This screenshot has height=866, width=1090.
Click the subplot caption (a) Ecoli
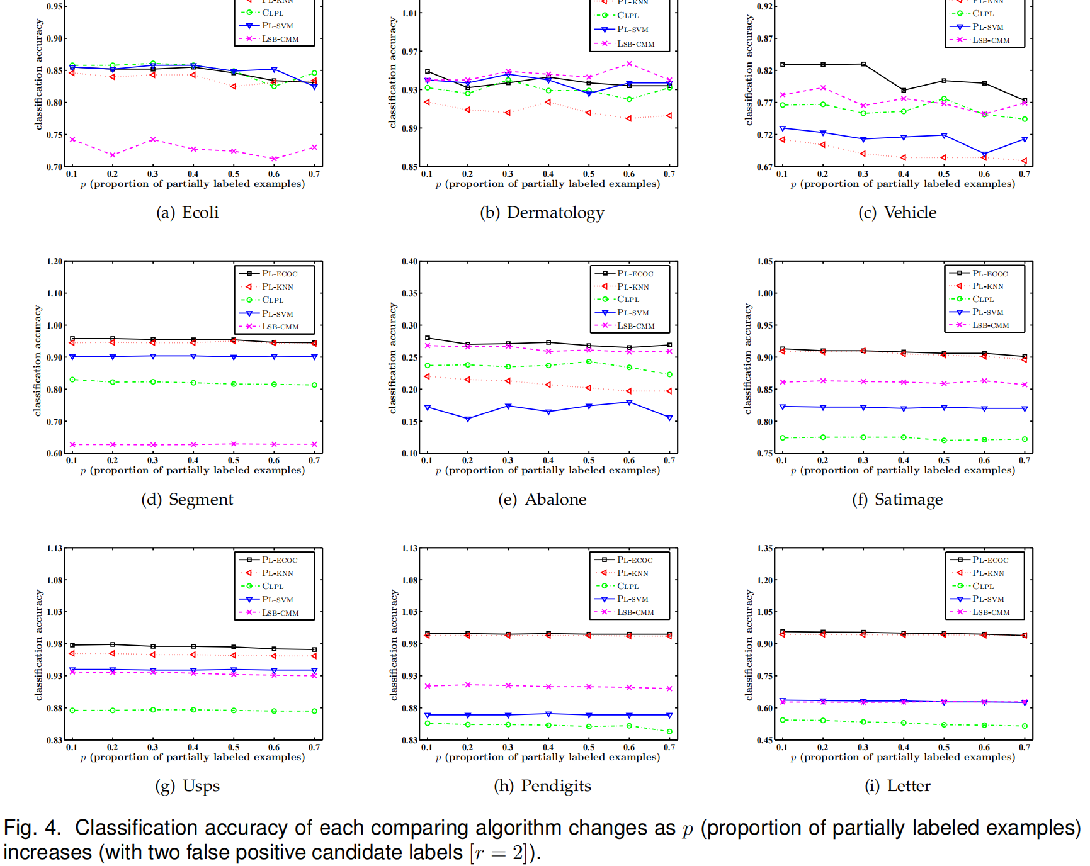(x=187, y=213)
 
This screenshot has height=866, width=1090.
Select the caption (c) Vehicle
(x=897, y=213)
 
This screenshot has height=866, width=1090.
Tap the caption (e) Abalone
(x=542, y=500)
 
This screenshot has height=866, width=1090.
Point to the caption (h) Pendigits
(x=542, y=786)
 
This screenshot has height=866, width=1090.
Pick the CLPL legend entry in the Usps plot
(x=272, y=587)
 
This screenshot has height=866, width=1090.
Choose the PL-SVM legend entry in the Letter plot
(x=987, y=599)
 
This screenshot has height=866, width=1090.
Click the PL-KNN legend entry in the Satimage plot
(x=987, y=286)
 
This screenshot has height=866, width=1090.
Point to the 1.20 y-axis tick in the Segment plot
(x=55, y=262)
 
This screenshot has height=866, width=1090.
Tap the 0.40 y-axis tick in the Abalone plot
(x=410, y=262)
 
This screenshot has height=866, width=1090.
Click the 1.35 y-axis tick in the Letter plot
(x=765, y=549)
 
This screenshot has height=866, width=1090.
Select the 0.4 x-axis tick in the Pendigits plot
(x=548, y=748)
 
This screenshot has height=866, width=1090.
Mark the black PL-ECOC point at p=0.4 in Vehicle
(x=904, y=91)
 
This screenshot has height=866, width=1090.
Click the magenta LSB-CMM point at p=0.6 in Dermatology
(x=629, y=64)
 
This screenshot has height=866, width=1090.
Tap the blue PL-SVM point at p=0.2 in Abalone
(x=467, y=419)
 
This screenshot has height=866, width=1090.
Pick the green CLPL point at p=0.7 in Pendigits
(x=669, y=732)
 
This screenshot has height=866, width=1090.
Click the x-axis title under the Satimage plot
(x=903, y=471)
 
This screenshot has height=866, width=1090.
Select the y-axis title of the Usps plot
(x=39, y=645)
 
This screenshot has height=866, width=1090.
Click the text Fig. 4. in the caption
(x=32, y=828)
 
